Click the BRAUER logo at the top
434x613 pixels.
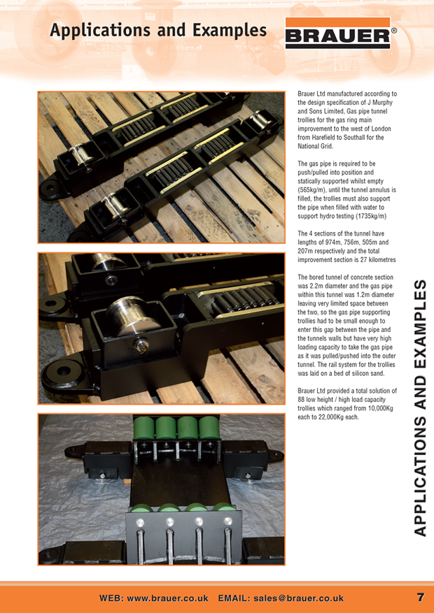click(338, 34)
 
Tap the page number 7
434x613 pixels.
click(420, 598)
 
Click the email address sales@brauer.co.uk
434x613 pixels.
click(299, 598)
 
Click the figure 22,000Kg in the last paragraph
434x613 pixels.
click(334, 417)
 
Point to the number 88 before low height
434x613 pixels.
click(301, 400)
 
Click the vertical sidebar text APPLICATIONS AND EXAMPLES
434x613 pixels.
click(419, 408)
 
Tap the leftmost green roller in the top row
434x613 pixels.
click(144, 428)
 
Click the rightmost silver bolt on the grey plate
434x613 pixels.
click(227, 521)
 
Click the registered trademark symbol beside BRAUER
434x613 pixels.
click(394, 31)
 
